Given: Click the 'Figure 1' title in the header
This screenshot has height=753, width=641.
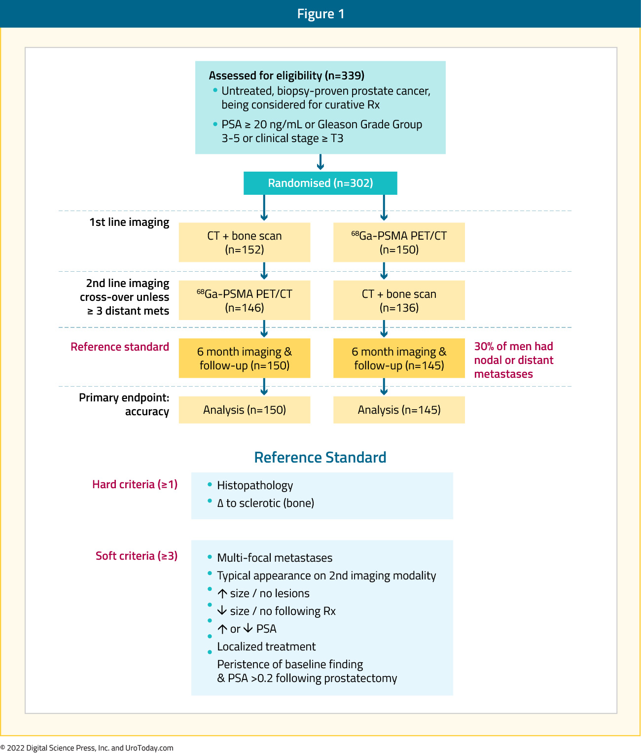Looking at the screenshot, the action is pyautogui.click(x=320, y=14).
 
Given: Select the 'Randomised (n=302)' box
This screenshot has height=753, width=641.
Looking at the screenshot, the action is pyautogui.click(x=320, y=183).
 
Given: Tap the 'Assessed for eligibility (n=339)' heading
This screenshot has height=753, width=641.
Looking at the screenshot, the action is pyautogui.click(x=286, y=75).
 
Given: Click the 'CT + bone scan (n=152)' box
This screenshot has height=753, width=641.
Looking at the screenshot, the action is pyautogui.click(x=245, y=242).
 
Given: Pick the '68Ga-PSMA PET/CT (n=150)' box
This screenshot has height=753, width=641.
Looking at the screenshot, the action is pyautogui.click(x=399, y=242).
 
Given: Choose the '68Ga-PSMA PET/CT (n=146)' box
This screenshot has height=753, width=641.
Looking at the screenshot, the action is pyautogui.click(x=245, y=300).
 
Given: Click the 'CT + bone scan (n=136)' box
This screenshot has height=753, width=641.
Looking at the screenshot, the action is pyautogui.click(x=399, y=300).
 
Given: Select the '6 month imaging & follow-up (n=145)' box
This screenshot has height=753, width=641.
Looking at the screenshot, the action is pyautogui.click(x=399, y=358).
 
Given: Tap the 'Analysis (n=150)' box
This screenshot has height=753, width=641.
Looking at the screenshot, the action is pyautogui.click(x=245, y=410).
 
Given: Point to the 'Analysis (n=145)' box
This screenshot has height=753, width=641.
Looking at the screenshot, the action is pyautogui.click(x=399, y=410).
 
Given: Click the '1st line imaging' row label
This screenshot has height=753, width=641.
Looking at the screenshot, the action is pyautogui.click(x=129, y=222).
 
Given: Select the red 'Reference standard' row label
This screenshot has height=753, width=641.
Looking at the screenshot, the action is pyautogui.click(x=120, y=347).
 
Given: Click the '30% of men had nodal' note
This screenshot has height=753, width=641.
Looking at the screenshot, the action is pyautogui.click(x=513, y=360).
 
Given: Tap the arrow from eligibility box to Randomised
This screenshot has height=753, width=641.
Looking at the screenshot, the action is pyautogui.click(x=320, y=162).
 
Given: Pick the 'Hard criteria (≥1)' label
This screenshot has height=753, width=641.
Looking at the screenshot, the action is pyautogui.click(x=135, y=485).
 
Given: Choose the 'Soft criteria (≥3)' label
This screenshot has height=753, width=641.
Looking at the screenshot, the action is pyautogui.click(x=137, y=556).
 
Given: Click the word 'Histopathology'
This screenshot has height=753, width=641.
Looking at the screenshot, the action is pyautogui.click(x=255, y=486).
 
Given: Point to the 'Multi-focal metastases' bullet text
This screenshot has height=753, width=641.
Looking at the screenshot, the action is pyautogui.click(x=275, y=558).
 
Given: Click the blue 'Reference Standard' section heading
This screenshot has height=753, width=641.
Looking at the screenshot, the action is pyautogui.click(x=320, y=458).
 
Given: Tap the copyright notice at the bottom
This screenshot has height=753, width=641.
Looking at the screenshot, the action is pyautogui.click(x=87, y=748).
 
